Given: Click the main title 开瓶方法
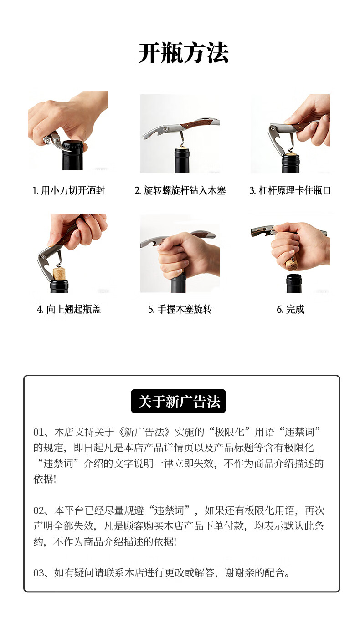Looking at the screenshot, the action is click(x=183, y=53).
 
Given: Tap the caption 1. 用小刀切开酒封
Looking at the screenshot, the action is click(x=69, y=190).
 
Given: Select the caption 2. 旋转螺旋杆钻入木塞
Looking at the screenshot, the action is click(x=180, y=190).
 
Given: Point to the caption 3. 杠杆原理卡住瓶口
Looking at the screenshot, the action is click(x=290, y=190).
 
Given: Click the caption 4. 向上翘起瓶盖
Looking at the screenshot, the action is click(x=69, y=309).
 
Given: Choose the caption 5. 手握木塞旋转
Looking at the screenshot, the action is click(x=180, y=309).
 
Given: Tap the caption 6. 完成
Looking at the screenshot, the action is click(x=290, y=309).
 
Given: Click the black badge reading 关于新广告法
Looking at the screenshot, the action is click(x=178, y=401).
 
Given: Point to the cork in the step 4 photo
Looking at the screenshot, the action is click(x=59, y=274).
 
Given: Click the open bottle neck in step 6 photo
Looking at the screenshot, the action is click(x=294, y=283).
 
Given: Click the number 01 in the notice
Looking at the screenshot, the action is click(x=39, y=432).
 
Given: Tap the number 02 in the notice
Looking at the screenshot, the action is click(x=39, y=511).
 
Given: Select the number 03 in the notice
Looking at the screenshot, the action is click(x=39, y=573).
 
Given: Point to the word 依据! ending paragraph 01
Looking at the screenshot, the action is click(x=45, y=479).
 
